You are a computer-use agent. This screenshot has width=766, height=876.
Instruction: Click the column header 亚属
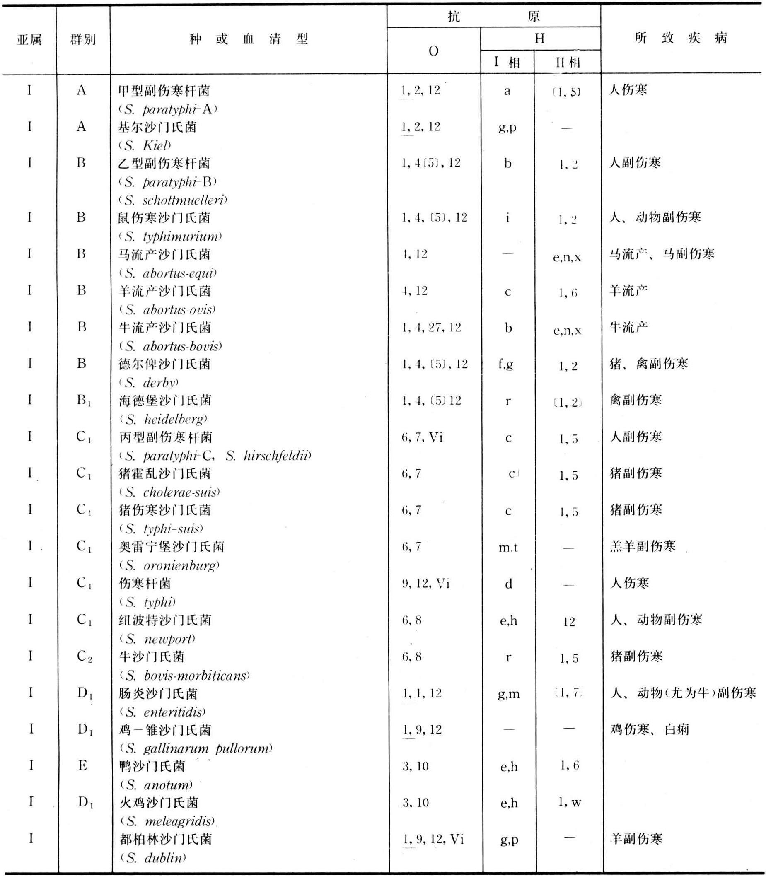click(29, 40)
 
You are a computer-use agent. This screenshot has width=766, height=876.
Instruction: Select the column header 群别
click(83, 40)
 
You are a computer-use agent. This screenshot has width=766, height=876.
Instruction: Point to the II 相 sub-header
click(567, 63)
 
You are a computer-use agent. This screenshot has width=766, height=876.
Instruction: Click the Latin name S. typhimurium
click(171, 236)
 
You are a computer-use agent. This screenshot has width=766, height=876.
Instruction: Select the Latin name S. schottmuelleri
click(173, 200)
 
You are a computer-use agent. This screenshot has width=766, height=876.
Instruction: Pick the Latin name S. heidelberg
click(164, 419)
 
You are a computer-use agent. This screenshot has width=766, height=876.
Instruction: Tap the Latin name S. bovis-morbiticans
click(185, 676)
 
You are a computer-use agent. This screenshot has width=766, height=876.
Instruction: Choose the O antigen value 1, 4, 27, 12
click(431, 327)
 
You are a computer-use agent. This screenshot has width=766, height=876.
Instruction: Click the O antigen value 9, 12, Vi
click(425, 583)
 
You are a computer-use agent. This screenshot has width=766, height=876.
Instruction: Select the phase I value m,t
click(508, 547)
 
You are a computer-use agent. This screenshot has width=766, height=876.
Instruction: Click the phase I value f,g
click(506, 364)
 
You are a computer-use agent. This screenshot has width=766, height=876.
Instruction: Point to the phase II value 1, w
click(569, 802)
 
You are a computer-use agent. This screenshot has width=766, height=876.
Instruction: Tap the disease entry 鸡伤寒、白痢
click(649, 729)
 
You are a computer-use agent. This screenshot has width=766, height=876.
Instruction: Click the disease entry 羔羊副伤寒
click(643, 547)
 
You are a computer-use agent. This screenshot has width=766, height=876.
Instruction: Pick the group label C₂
click(84, 656)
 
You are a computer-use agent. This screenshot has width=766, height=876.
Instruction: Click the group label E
click(82, 765)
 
